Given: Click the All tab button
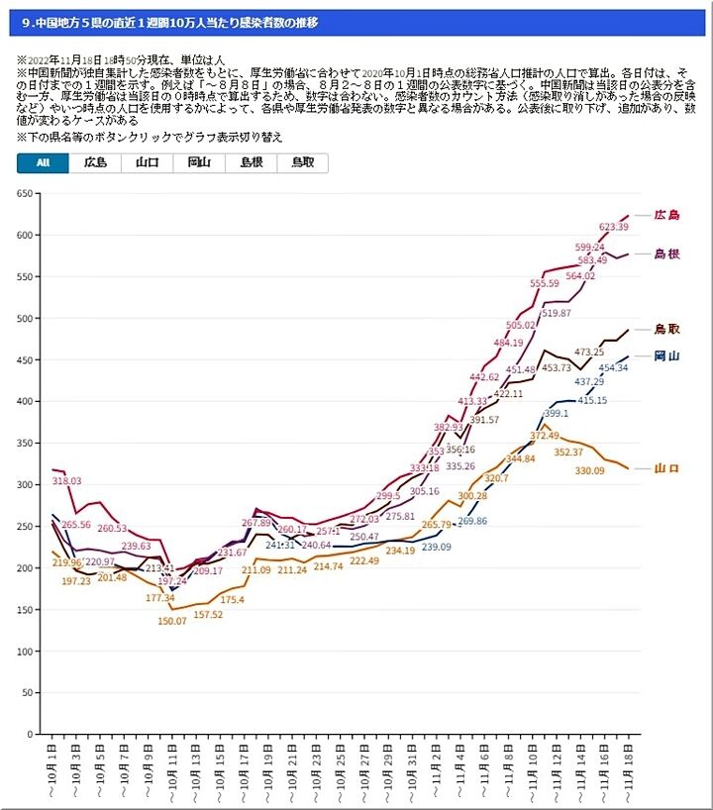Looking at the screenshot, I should point(43,163).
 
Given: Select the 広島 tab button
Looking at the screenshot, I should point(95,163).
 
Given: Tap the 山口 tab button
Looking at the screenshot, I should point(148,163).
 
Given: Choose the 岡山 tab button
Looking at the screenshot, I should point(199,163).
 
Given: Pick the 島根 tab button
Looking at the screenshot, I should point(251,163).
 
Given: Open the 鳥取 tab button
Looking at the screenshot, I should point(302,163).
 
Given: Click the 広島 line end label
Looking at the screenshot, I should point(666,215).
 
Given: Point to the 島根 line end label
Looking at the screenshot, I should point(666,254).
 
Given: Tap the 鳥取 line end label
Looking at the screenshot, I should point(666,329).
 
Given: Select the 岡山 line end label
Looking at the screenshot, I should point(666,355).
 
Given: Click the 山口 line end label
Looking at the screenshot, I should point(666,468).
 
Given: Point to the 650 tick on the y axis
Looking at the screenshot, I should point(24,194).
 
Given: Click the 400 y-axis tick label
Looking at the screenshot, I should point(24,402).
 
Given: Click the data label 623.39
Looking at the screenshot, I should point(614,227).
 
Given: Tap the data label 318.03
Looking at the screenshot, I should point(67,481).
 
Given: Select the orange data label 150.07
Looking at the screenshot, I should point(172,621).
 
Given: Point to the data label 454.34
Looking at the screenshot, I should point(606,368).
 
